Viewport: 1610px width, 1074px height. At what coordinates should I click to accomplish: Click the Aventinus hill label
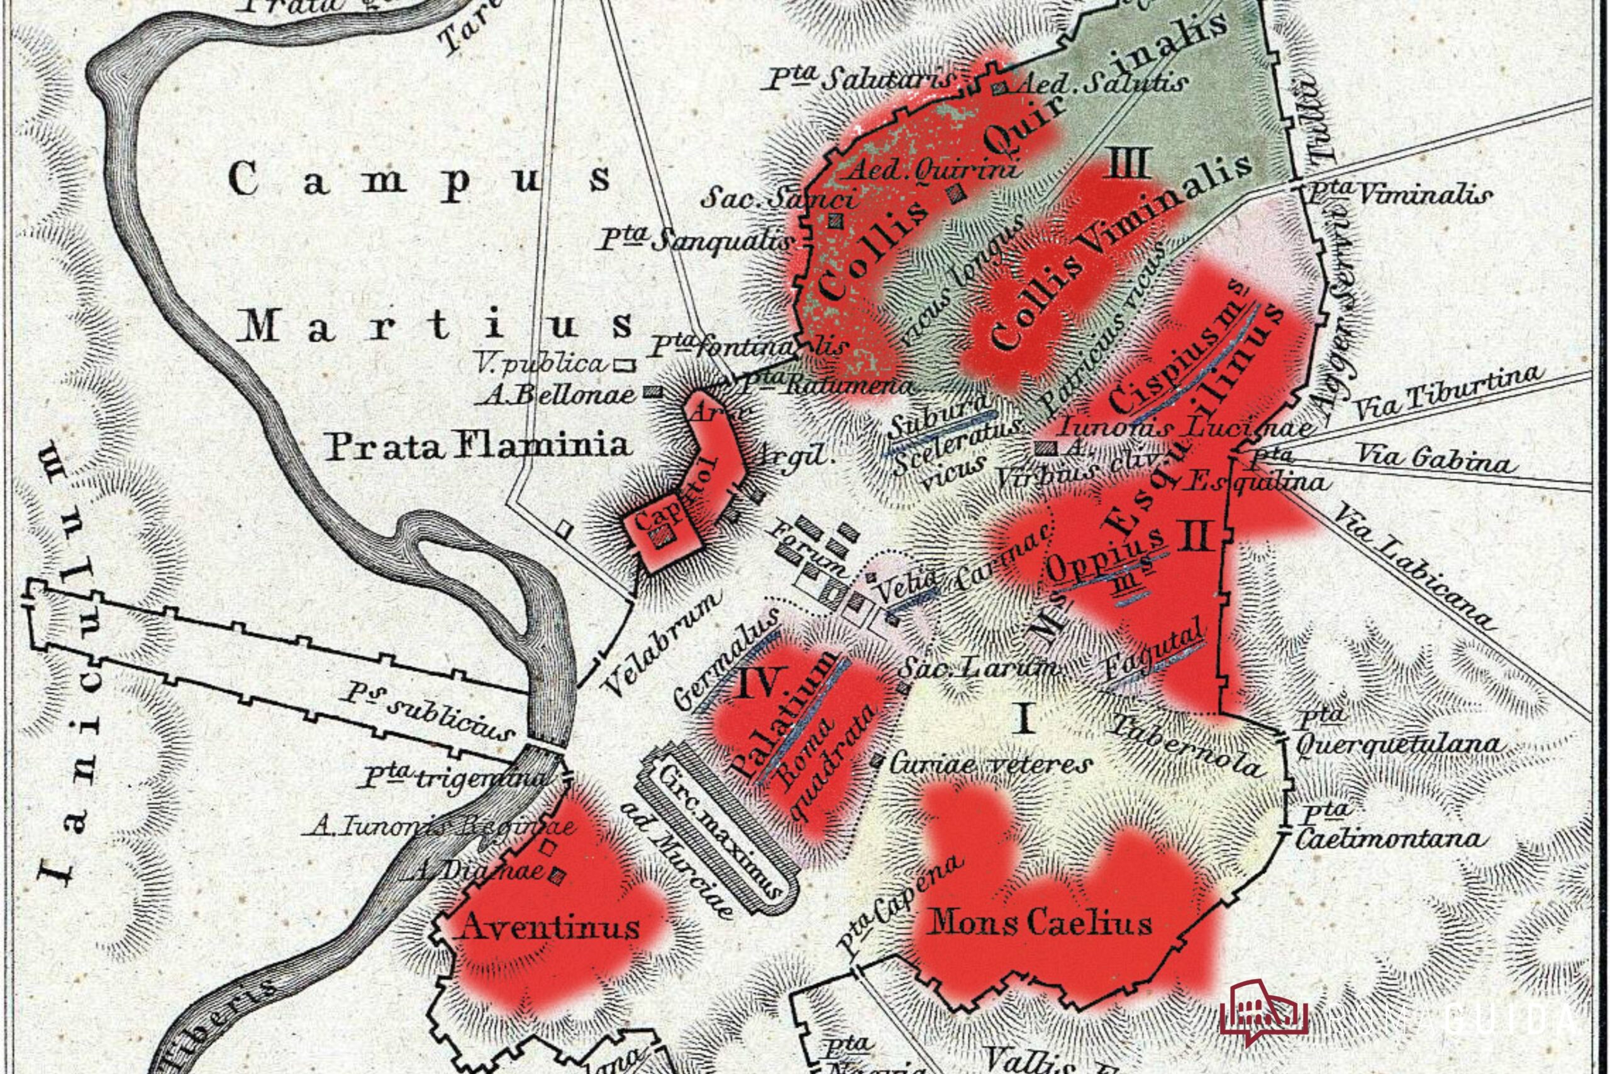[551, 927]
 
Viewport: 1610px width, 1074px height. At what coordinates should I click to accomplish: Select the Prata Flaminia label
[477, 447]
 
